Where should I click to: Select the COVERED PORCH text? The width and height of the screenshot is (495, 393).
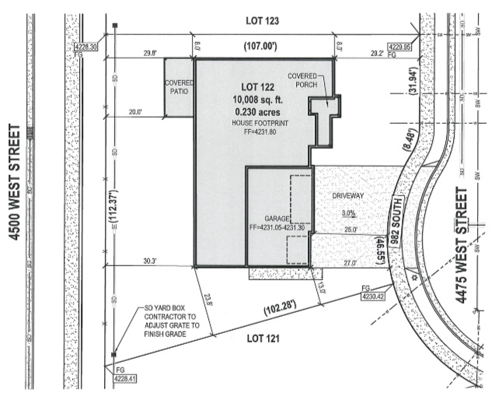pyautogui.click(x=304, y=79)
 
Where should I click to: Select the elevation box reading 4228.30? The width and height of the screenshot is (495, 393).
pyautogui.click(x=85, y=47)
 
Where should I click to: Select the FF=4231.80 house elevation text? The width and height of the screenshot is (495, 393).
pyautogui.click(x=253, y=132)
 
